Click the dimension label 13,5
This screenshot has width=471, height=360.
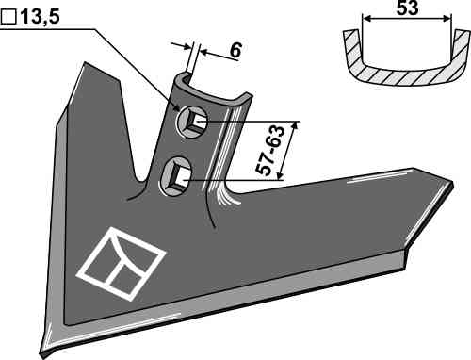[41, 17]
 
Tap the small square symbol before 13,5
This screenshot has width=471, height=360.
[8, 17]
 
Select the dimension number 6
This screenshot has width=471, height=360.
[235, 50]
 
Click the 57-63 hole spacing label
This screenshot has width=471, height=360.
[269, 150]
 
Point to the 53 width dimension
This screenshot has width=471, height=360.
[407, 8]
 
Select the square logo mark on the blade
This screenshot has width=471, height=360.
[121, 264]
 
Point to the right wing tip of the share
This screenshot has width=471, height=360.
[452, 183]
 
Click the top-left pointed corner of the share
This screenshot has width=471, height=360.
[85, 63]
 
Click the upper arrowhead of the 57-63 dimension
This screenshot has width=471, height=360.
[294, 126]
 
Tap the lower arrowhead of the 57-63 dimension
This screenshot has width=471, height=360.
[279, 175]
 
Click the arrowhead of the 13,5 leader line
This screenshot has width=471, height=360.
[176, 108]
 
